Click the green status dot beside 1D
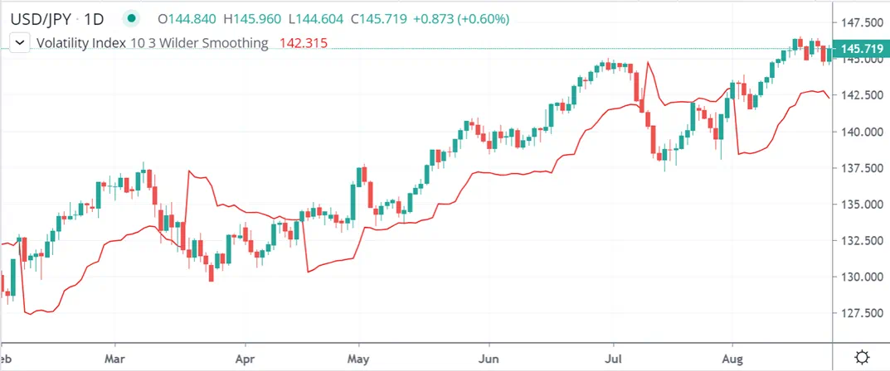pos(131,17)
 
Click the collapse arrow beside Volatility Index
pos(19,43)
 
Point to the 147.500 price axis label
pos(860,22)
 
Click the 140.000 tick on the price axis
pos(860,132)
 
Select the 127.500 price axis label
pos(860,313)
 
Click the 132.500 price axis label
pos(860,240)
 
